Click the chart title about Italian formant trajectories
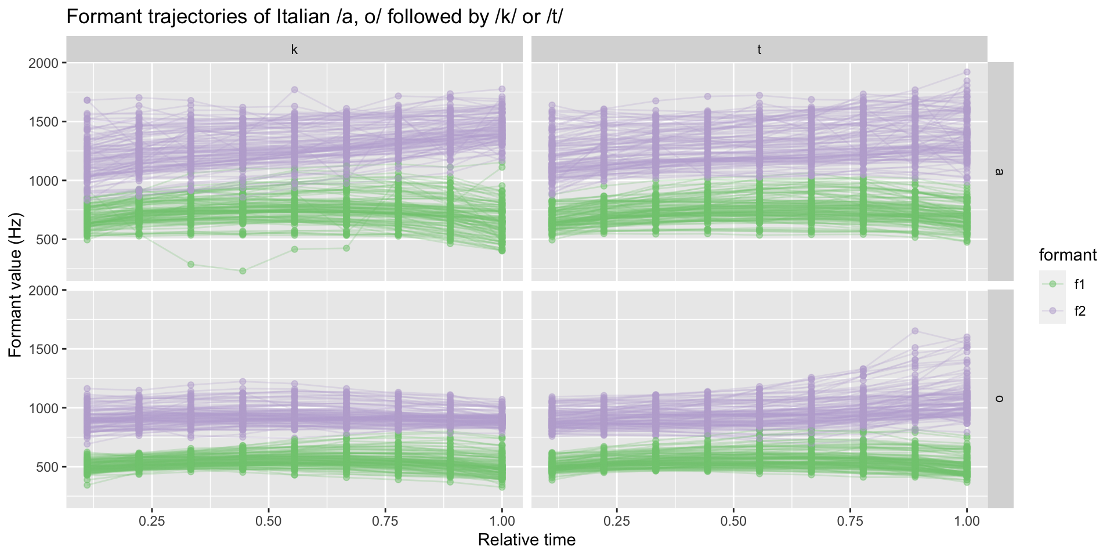(x=314, y=17)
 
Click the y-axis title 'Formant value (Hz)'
(x=16, y=285)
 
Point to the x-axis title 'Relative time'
(x=526, y=540)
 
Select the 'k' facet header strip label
(x=294, y=50)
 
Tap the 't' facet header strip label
(x=759, y=50)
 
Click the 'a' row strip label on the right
(x=1000, y=171)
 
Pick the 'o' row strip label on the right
(x=1000, y=399)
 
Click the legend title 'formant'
(x=1067, y=255)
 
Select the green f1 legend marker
(x=1052, y=284)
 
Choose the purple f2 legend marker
(x=1052, y=311)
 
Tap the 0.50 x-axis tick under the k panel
(x=269, y=521)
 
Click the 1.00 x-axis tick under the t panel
(x=967, y=521)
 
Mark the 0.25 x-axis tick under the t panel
(x=617, y=521)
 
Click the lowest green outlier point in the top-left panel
(x=243, y=271)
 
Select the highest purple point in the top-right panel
(x=967, y=73)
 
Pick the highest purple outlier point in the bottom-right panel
(x=915, y=331)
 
